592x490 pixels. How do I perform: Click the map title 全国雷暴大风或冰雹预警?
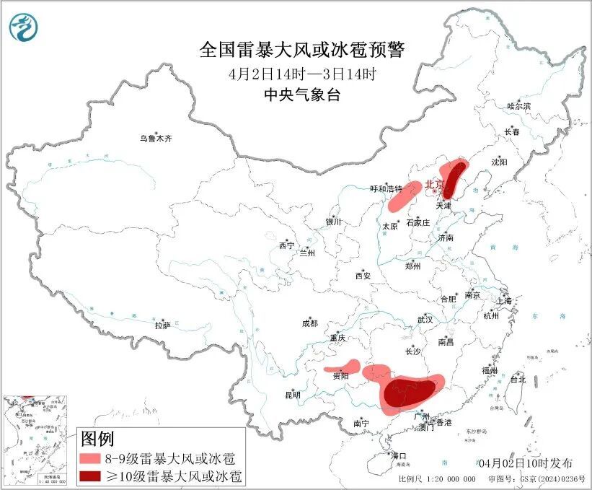click(302, 51)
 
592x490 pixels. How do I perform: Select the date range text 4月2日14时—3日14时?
click(302, 74)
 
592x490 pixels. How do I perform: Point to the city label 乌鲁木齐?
click(156, 138)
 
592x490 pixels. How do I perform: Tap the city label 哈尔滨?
click(518, 106)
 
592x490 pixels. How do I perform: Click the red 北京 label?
click(434, 185)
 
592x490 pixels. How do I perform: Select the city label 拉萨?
click(162, 325)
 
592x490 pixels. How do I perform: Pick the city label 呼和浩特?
click(386, 188)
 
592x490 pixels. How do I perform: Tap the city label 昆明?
click(292, 395)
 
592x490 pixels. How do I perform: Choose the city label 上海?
click(503, 300)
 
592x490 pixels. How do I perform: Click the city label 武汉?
click(425, 319)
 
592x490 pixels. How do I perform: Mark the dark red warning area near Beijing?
click(453, 178)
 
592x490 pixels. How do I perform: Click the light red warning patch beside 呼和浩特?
click(405, 196)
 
